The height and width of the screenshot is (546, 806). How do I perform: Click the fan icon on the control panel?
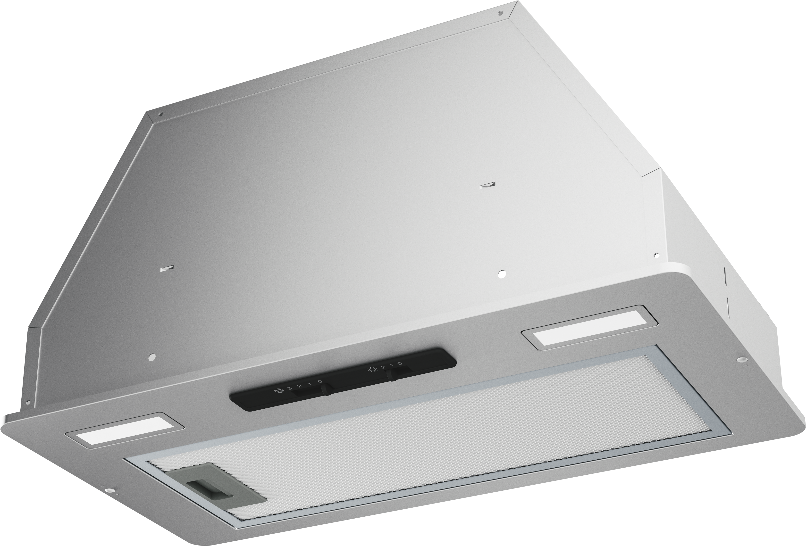pos(277,391)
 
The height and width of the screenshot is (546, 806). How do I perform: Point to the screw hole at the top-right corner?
pos(500,14)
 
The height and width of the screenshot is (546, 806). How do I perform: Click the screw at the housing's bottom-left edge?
pos(28,403)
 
